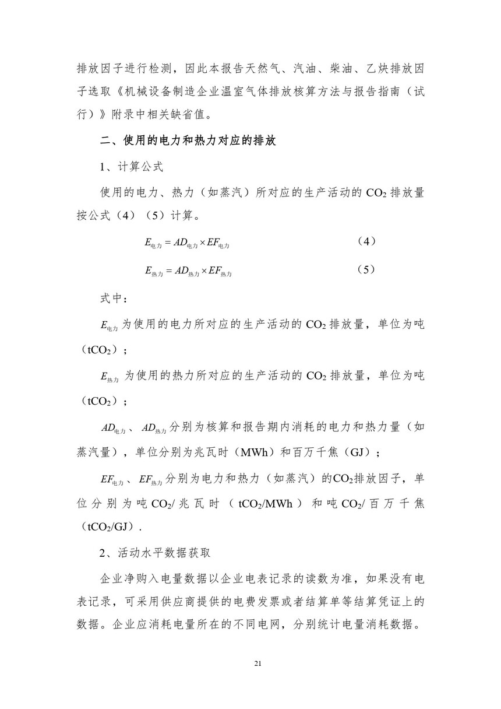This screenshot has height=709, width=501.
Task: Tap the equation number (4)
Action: (x=365, y=241)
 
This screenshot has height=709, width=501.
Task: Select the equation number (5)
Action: (x=365, y=269)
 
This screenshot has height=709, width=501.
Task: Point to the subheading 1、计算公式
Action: (x=132, y=167)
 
